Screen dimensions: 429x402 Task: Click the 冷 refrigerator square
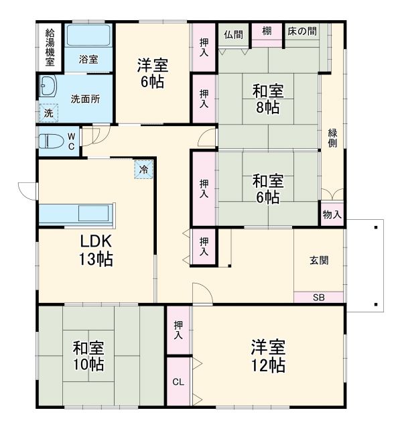143,170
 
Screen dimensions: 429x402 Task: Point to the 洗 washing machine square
48,114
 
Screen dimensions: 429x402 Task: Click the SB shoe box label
318,296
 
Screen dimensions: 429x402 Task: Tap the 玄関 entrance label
319,261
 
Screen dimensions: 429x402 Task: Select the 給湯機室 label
50,46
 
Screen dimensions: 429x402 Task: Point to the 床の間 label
302,31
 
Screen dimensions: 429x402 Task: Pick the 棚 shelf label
267,31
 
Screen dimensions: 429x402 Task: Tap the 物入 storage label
332,215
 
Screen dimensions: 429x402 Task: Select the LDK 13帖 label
96,250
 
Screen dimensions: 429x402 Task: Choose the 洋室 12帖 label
268,356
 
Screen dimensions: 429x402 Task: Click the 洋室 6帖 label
153,73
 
